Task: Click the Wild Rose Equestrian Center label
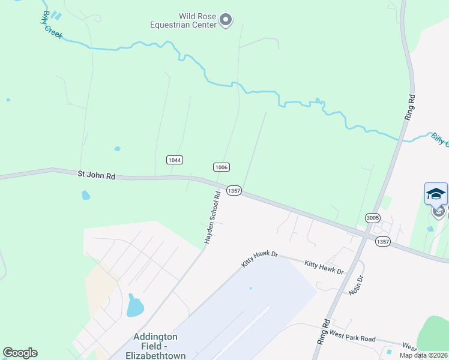coord(184,20)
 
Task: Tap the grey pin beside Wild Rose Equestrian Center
coord(226,20)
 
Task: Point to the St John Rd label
coord(96,175)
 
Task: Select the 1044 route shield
coord(175,160)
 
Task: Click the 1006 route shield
coord(221,167)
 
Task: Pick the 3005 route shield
coord(372,217)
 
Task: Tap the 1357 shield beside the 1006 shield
coord(234,190)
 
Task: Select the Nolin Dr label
coord(356,285)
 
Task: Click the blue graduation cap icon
coord(436,193)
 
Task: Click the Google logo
coord(20,353)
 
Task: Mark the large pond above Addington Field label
coord(135,306)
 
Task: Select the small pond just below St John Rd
coord(86,195)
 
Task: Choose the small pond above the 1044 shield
coord(117,148)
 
